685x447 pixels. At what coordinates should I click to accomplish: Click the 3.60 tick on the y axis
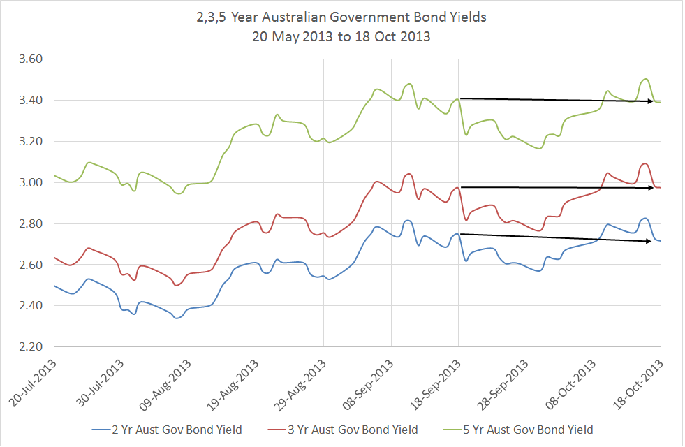point(33,59)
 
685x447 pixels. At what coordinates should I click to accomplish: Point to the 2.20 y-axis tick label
point(33,347)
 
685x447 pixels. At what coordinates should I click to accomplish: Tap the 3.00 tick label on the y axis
point(33,183)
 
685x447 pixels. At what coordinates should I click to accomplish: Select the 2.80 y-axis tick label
point(33,224)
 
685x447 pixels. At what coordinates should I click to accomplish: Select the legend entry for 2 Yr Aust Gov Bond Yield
point(168,429)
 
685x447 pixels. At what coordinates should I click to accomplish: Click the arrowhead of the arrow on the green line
point(650,102)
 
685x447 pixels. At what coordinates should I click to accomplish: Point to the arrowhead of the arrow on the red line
point(650,187)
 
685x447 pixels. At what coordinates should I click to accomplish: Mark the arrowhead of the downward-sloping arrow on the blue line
point(650,241)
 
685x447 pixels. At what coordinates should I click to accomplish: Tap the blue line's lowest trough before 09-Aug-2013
point(177,318)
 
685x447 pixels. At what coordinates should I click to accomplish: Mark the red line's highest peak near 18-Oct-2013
point(645,163)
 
